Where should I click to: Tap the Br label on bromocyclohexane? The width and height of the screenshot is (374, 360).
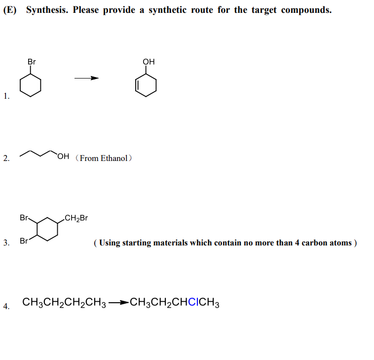click(x=32, y=62)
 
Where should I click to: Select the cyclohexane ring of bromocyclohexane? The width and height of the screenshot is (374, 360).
click(x=30, y=86)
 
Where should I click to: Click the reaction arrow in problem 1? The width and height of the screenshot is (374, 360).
click(x=87, y=78)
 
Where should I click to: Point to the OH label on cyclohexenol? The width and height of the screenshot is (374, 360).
click(x=149, y=62)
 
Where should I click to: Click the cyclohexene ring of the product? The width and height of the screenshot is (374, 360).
click(x=147, y=86)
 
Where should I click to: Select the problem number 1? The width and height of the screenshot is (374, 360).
click(x=5, y=96)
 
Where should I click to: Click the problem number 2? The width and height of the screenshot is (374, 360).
click(x=5, y=159)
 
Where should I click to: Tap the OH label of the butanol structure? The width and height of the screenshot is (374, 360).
click(x=63, y=158)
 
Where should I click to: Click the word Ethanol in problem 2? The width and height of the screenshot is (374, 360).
click(x=114, y=158)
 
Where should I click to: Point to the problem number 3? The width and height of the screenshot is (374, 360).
click(x=5, y=242)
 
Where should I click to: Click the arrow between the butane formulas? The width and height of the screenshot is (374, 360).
click(x=118, y=303)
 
